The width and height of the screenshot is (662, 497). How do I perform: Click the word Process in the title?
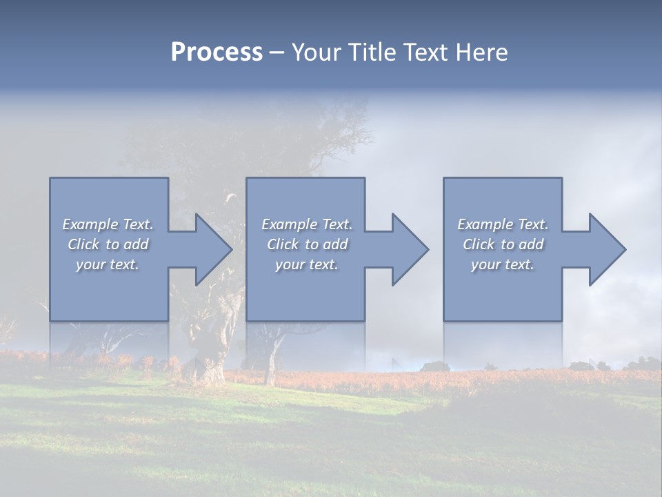point(217,52)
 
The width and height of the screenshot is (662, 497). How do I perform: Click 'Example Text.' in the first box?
point(108,224)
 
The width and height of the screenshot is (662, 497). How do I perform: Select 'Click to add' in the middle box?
point(307,244)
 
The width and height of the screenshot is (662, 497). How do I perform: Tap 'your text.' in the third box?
point(503,264)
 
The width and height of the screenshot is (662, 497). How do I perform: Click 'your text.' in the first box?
point(108,264)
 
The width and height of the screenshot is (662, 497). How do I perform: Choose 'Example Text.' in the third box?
point(503,224)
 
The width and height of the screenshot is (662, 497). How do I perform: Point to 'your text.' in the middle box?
point(307,264)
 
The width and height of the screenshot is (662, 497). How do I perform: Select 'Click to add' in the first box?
point(108,244)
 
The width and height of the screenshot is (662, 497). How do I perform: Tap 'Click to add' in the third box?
point(503,244)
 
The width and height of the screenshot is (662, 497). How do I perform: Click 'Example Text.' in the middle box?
point(307,224)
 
